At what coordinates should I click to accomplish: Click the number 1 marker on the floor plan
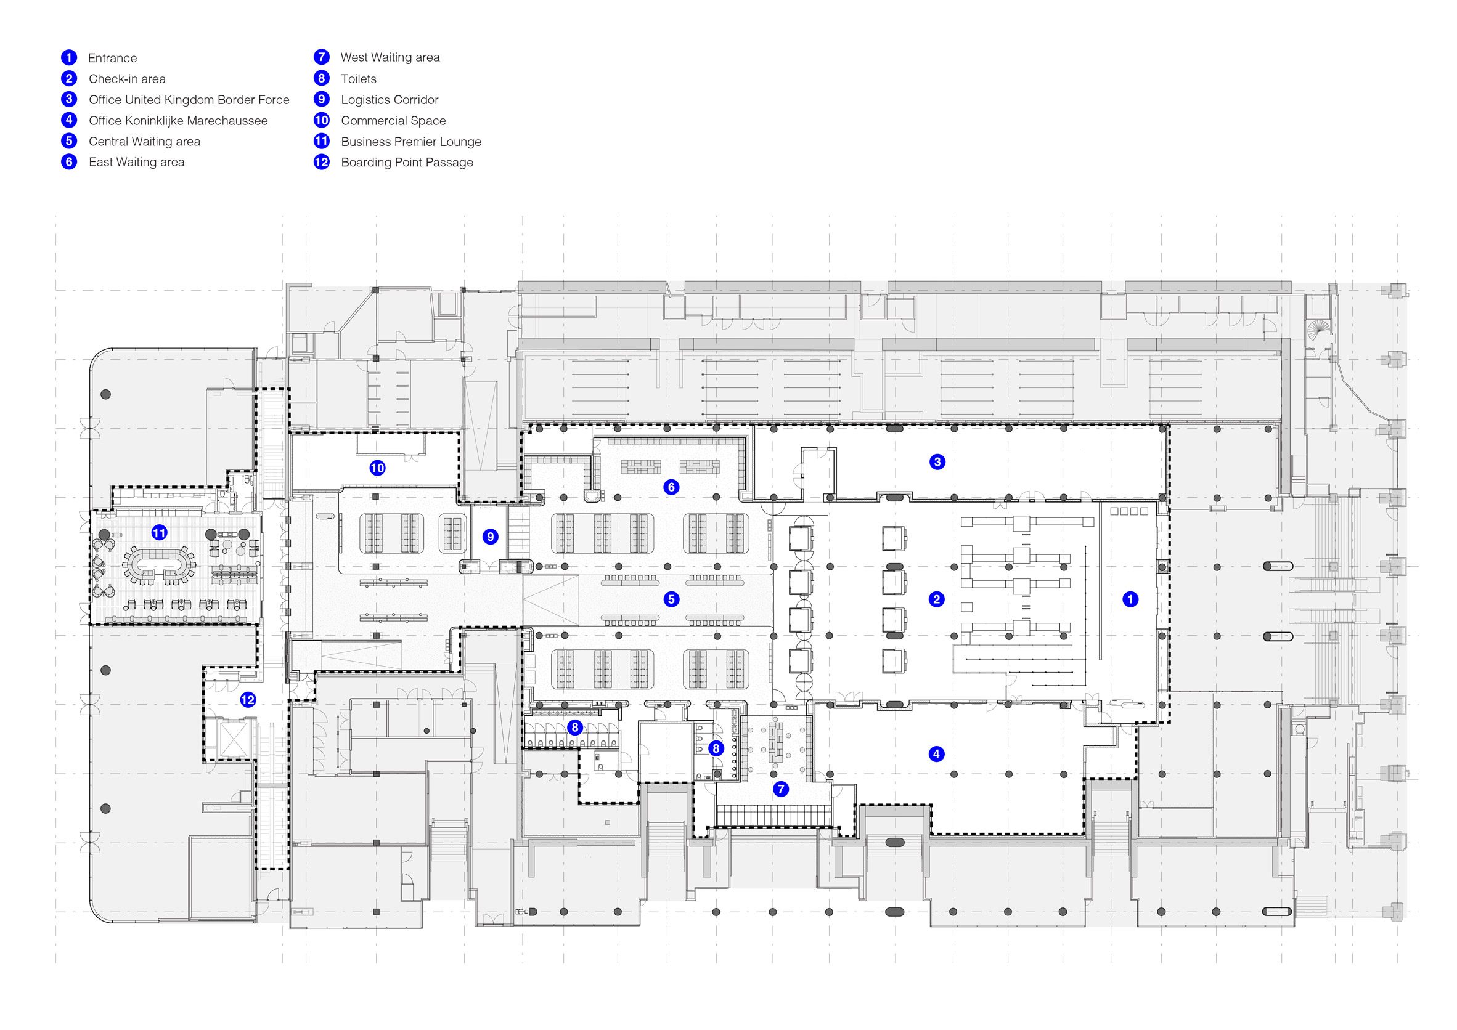(1130, 599)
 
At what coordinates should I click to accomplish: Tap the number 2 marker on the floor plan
(936, 599)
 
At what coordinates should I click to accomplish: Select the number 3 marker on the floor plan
(937, 462)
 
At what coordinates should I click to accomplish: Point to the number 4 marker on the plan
(936, 754)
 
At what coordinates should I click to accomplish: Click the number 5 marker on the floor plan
(671, 599)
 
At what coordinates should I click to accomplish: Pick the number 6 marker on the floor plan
(671, 487)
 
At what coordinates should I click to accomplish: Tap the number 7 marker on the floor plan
(780, 789)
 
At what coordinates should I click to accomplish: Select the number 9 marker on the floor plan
(490, 537)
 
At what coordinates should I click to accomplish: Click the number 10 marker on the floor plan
(378, 469)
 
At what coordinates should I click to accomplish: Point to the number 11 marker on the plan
(159, 532)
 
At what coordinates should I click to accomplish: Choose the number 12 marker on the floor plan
(248, 700)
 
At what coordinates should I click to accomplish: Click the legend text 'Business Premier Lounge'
(410, 142)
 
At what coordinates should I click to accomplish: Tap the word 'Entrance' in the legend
(112, 58)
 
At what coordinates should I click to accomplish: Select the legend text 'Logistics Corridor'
(390, 100)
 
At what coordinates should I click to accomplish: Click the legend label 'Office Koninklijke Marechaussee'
(178, 121)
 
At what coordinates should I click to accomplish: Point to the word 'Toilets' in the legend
(359, 79)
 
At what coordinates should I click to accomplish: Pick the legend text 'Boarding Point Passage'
(407, 163)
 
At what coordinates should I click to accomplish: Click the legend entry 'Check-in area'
(127, 79)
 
